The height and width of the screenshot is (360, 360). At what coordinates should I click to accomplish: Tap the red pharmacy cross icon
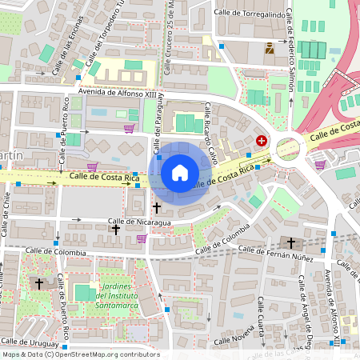click(261, 140)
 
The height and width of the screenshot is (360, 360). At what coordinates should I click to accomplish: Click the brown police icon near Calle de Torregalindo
click(270, 46)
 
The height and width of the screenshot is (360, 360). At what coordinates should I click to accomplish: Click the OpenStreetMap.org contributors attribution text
click(104, 354)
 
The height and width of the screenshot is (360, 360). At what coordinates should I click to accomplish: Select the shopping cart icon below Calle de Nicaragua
click(142, 238)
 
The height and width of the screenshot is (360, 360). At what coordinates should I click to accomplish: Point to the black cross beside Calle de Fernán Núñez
click(291, 242)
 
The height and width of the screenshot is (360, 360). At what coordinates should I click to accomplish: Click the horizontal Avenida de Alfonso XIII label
click(113, 93)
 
